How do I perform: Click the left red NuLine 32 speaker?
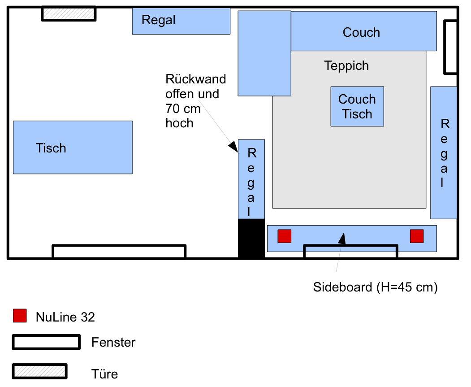click(x=284, y=236)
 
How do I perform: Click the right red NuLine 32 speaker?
click(x=416, y=236)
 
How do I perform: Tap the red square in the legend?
click(x=20, y=316)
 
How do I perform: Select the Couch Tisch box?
click(x=357, y=106)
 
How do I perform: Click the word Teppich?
click(x=346, y=65)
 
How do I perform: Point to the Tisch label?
click(x=51, y=148)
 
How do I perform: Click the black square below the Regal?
click(x=251, y=238)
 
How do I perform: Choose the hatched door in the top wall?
click(x=69, y=13)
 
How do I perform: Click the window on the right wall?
click(x=450, y=47)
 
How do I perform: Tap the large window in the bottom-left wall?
click(x=119, y=252)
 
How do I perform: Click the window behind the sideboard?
click(x=350, y=252)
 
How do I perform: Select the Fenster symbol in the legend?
click(x=46, y=342)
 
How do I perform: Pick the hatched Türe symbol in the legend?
click(x=39, y=371)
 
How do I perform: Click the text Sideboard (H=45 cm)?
click(x=375, y=287)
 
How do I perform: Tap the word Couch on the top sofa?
click(x=361, y=32)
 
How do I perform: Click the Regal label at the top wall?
click(x=158, y=20)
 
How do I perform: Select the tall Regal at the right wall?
click(x=444, y=152)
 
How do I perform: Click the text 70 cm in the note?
click(x=183, y=108)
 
